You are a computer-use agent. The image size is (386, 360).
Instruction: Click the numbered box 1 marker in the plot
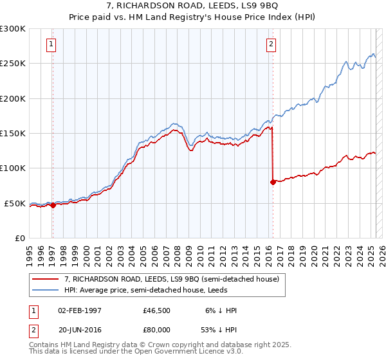51,44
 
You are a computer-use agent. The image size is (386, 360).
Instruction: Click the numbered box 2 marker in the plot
271,44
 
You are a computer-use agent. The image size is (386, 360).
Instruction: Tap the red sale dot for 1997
53,206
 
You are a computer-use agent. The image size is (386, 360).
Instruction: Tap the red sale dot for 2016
273,182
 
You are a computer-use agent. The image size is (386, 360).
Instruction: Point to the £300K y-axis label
13,29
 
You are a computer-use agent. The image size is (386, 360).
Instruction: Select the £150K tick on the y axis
13,133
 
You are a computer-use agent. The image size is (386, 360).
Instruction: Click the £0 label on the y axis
19,238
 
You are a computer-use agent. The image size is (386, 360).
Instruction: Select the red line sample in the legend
45,279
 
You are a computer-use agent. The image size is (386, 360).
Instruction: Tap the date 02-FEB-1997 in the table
80,310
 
